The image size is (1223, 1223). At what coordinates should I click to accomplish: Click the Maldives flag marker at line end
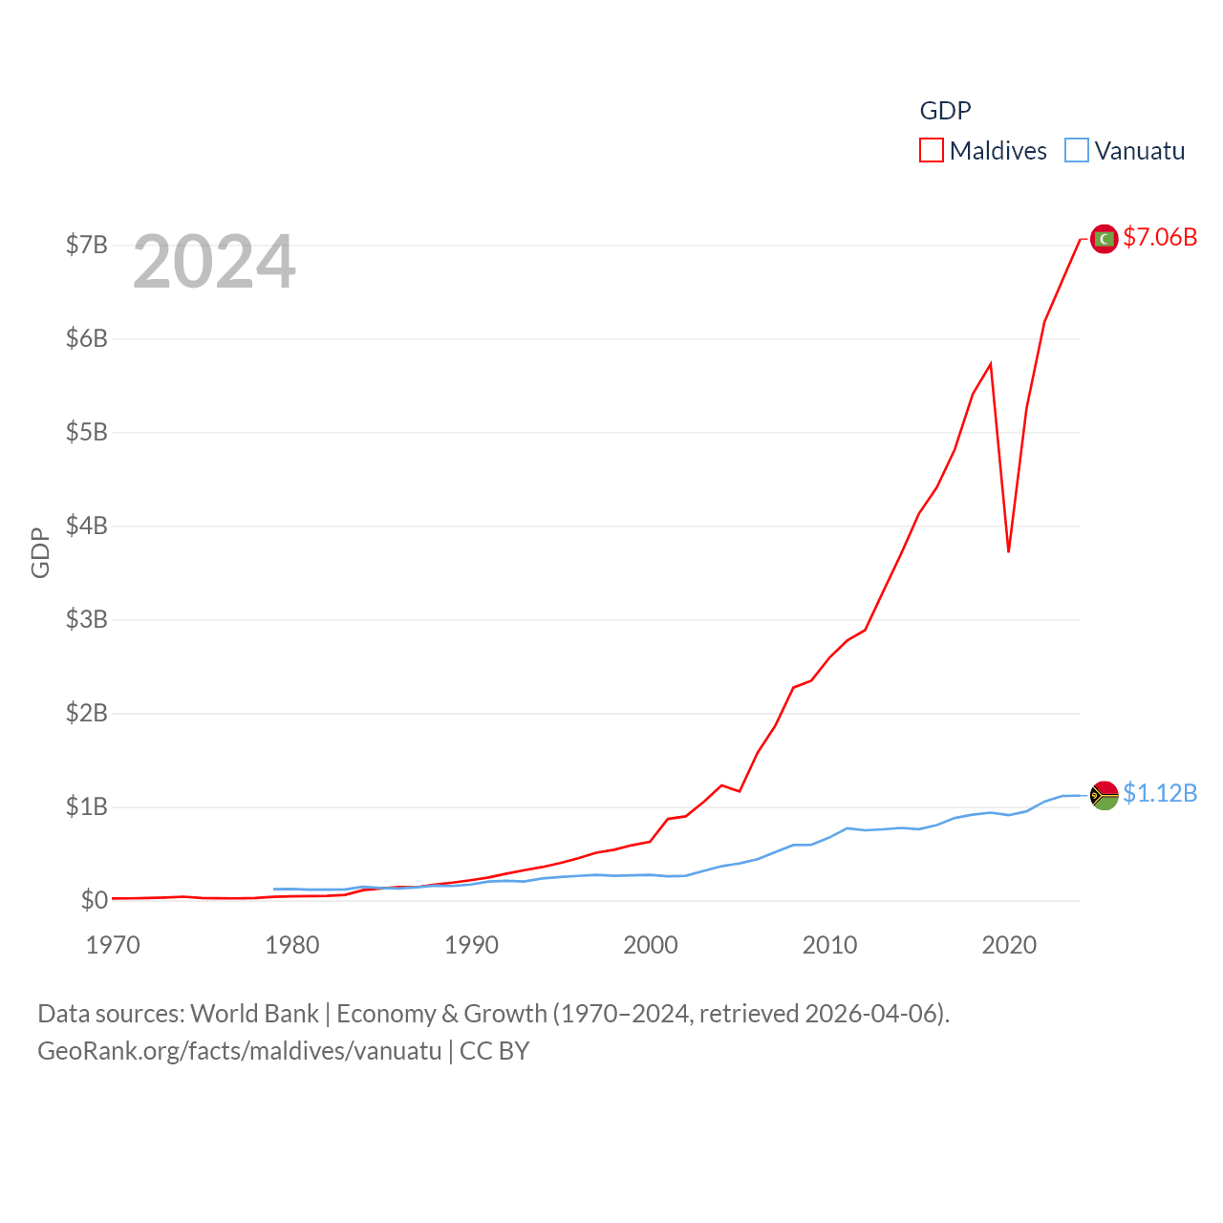pos(1105,239)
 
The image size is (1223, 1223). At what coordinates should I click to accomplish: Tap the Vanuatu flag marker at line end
pos(1105,795)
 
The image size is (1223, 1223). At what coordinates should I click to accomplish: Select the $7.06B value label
pos(1160,237)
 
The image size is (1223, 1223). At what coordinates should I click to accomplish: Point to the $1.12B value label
pos(1160,793)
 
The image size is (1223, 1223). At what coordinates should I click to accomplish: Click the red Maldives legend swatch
pos(932,151)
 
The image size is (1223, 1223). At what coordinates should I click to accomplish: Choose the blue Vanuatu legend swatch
pos(1077,151)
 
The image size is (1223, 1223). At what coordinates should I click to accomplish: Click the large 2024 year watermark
pos(214,262)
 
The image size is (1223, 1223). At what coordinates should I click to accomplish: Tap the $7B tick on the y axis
pos(86,245)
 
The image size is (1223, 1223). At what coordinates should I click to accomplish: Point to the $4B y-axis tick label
pos(86,526)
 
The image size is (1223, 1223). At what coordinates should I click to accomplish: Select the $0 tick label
pos(94,900)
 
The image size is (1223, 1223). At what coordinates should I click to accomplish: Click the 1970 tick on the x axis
pos(113,945)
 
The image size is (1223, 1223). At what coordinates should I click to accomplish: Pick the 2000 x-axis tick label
pos(651,945)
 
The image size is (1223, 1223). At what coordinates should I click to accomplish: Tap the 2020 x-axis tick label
pos(1009,945)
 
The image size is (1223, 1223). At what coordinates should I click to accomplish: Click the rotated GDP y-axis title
pos(40,552)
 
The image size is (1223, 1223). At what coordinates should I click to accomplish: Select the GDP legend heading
pos(945,111)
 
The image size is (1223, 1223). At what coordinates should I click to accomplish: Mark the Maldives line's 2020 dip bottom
pos(1008,551)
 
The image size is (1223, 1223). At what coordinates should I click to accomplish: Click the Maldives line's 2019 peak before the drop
pos(991,363)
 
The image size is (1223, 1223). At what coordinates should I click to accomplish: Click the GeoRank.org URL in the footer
pos(239,1051)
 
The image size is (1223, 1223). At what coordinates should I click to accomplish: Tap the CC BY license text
pos(494,1051)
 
